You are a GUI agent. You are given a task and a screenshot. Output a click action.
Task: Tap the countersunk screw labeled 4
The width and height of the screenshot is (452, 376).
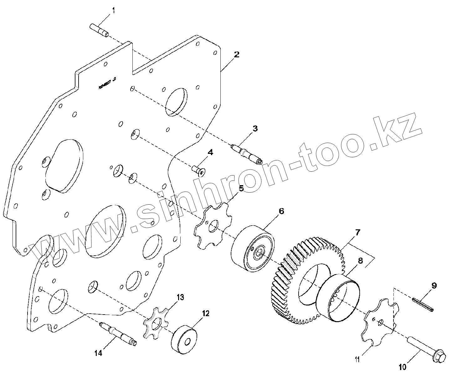(x=198, y=170)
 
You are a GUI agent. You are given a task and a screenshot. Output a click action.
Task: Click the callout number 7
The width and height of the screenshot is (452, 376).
(x=357, y=232)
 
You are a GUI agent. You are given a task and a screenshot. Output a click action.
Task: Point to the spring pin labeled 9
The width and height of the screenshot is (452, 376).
(x=423, y=305)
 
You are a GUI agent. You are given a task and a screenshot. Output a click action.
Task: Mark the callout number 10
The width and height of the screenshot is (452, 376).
(x=403, y=366)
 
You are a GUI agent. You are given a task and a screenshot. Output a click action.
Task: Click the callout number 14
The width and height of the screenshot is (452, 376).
(x=98, y=353)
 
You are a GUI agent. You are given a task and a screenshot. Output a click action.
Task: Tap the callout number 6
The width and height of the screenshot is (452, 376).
(x=281, y=211)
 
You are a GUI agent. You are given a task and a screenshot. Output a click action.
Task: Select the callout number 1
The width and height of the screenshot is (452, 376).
(x=114, y=11)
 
